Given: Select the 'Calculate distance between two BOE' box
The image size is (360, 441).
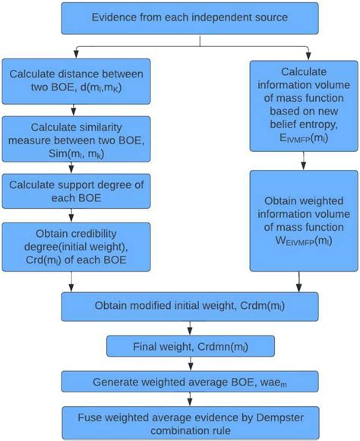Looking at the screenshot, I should (x=75, y=83).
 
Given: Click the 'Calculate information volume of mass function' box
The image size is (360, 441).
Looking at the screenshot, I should (x=304, y=106).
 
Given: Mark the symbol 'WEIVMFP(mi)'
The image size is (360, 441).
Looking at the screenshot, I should (x=304, y=242).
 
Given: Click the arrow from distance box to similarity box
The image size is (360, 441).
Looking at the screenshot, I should (x=73, y=109).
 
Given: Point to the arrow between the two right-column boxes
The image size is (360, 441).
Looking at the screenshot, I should (x=304, y=161).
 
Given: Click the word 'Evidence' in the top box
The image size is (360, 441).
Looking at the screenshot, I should (x=116, y=17).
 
